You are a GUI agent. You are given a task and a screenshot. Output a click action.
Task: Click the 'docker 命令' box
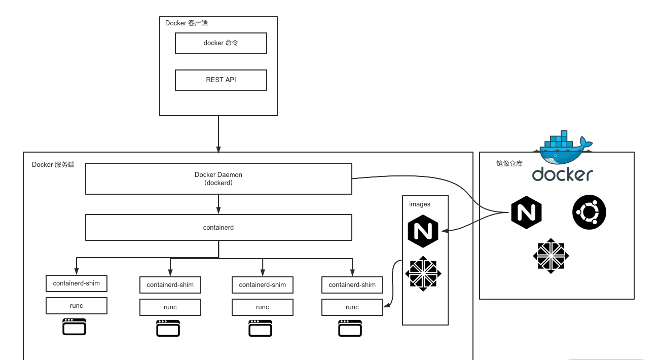pyautogui.click(x=221, y=44)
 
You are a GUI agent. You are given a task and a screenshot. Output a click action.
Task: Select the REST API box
pyautogui.click(x=221, y=80)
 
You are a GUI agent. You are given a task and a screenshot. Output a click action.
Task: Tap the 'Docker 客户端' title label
pyautogui.click(x=186, y=23)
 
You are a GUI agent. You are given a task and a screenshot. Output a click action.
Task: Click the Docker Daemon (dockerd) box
pyautogui.click(x=218, y=178)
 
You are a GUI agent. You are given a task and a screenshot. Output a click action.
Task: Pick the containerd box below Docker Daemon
pyautogui.click(x=218, y=228)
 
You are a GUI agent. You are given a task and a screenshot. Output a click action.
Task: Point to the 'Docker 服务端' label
pyautogui.click(x=53, y=165)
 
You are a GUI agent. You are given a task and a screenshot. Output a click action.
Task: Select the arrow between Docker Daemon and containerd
pyautogui.click(x=218, y=204)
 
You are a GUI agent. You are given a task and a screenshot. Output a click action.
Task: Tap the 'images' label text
pyautogui.click(x=420, y=204)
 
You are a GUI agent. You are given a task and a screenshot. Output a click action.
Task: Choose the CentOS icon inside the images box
pyautogui.click(x=423, y=274)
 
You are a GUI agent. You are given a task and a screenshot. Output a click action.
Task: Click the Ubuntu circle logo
pyautogui.click(x=589, y=212)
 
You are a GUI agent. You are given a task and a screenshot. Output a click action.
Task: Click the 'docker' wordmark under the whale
pyautogui.click(x=562, y=174)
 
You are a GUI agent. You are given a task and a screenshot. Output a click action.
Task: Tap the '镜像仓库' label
pyautogui.click(x=509, y=164)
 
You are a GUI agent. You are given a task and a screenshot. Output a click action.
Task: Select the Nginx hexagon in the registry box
pyautogui.click(x=526, y=212)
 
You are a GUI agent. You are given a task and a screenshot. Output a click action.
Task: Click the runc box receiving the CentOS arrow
pyautogui.click(x=352, y=307)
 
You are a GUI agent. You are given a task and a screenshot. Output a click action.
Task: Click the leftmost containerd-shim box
pyautogui.click(x=77, y=283)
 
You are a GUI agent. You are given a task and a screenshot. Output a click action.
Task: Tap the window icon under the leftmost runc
pyautogui.click(x=75, y=327)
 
